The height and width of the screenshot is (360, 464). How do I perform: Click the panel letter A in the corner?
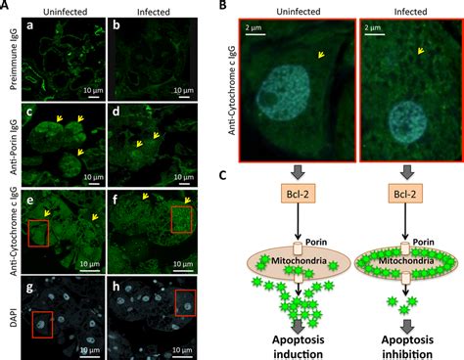tap(7, 6)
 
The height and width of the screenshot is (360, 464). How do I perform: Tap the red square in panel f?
tap(185, 217)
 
